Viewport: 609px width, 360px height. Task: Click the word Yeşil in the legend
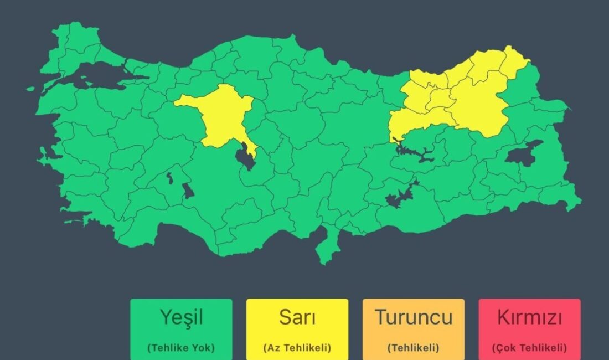181,318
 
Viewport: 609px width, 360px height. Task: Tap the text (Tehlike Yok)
181,348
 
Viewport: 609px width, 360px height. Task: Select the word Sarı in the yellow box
297,318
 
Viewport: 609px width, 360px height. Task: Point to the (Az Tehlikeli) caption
297,348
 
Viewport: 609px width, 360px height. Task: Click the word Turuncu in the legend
413,318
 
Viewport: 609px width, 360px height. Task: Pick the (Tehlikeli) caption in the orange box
413,348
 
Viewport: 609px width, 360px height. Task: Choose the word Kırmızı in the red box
529,318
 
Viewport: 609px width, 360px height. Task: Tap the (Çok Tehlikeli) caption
529,348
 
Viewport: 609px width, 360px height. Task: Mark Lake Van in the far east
523,152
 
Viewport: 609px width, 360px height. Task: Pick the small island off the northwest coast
30,89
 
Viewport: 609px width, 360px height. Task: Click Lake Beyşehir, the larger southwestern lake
188,192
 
